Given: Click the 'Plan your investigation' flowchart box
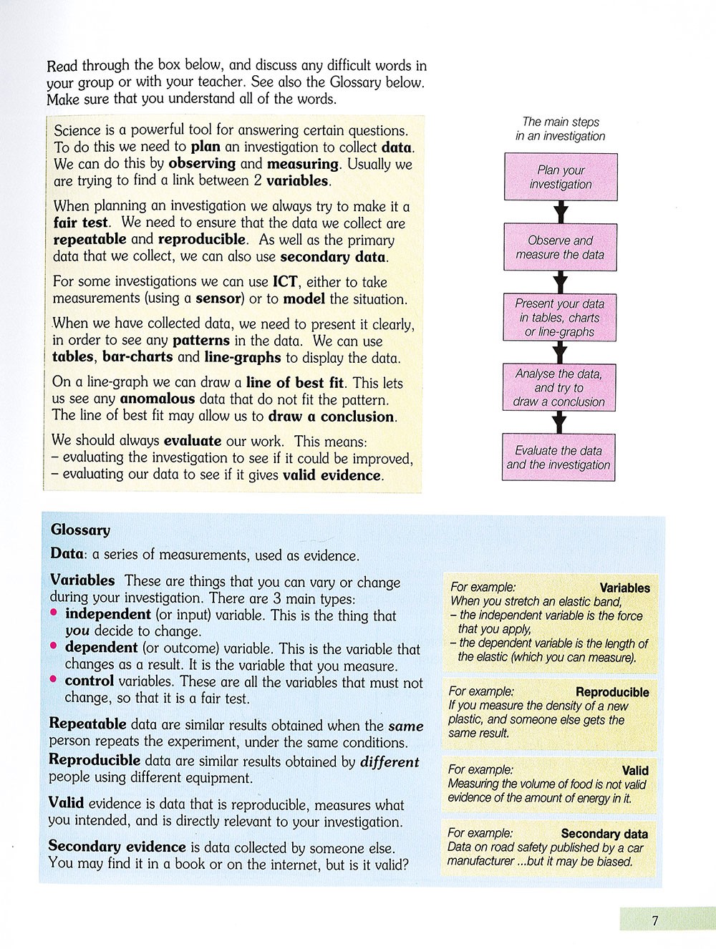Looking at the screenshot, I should (x=561, y=177).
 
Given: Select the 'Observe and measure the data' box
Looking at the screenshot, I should (x=560, y=247).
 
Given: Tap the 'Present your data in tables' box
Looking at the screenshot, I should (x=560, y=317).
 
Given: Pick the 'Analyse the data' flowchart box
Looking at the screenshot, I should (x=559, y=387).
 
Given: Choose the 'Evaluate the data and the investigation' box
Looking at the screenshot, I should (x=558, y=457).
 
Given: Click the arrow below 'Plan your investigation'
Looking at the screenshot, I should (x=561, y=212).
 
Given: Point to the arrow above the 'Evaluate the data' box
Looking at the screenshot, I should (x=559, y=422).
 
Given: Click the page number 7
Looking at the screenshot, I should (x=654, y=920).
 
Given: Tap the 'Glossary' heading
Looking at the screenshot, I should (x=80, y=530).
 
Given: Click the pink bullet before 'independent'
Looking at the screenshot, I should (x=54, y=613).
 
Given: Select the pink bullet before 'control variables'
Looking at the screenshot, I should (x=54, y=680).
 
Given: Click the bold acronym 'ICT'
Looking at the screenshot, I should (x=285, y=281).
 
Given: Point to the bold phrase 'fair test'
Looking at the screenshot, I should (x=81, y=223).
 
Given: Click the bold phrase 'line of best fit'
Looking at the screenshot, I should (x=296, y=382).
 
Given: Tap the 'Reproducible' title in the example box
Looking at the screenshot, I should (x=612, y=692).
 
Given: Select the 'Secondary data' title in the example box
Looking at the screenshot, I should (x=604, y=834).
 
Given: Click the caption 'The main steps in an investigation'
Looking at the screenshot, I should (x=561, y=129).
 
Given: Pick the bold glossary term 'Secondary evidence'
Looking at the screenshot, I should (x=117, y=846).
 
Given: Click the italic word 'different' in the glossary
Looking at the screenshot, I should (x=390, y=761).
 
